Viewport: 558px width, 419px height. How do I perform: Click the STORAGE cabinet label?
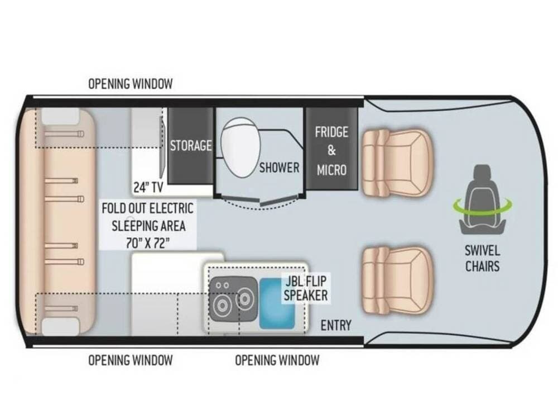[191, 145]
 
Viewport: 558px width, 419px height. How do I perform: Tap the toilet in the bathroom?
[240, 147]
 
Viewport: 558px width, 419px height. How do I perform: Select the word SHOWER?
[280, 168]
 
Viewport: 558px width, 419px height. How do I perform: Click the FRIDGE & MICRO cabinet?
[331, 148]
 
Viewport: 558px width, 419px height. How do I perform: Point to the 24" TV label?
[148, 187]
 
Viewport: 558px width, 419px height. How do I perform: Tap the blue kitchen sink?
[277, 303]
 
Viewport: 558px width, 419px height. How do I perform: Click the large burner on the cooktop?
[222, 305]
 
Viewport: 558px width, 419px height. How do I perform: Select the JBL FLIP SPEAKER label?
[306, 288]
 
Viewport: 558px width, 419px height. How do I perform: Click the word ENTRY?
[336, 325]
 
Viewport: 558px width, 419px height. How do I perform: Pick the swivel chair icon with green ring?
[482, 200]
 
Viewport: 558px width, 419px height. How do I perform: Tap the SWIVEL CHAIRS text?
[483, 258]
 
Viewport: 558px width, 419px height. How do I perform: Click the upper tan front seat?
[397, 164]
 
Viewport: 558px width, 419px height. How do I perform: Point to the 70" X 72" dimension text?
[147, 243]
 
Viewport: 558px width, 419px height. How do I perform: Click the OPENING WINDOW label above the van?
[130, 84]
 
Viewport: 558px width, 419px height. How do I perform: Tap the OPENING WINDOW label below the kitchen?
[277, 360]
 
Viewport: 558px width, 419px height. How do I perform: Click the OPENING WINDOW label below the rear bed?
[130, 360]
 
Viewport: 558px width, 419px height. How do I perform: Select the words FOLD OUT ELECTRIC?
[148, 208]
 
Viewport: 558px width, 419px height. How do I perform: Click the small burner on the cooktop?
[245, 299]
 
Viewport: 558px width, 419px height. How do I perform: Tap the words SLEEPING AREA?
[149, 226]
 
